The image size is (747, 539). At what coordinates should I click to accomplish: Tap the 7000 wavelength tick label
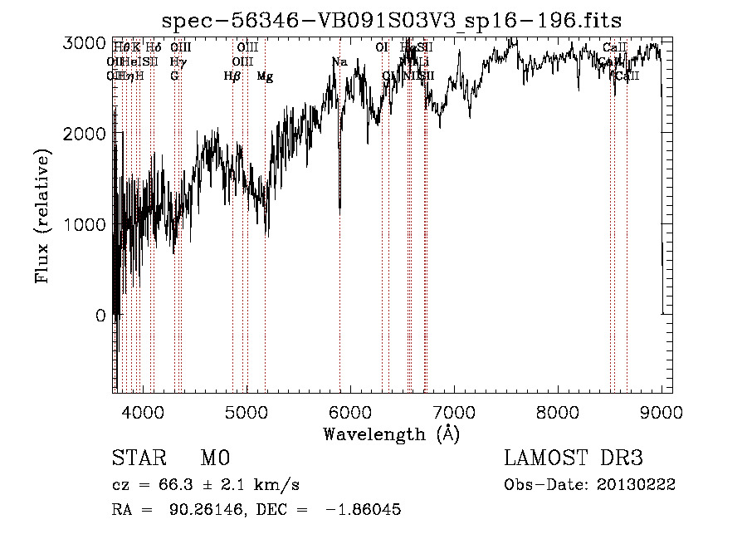(454, 412)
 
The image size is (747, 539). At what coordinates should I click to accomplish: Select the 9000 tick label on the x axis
(662, 412)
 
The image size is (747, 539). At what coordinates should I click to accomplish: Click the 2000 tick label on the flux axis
(90, 134)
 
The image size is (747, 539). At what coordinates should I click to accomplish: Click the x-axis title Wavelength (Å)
(391, 434)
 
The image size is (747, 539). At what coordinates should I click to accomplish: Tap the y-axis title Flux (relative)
(43, 217)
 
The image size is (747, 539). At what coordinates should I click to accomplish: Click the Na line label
(339, 61)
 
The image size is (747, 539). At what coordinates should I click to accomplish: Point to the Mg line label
(265, 76)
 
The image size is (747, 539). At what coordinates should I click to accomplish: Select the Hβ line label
(232, 76)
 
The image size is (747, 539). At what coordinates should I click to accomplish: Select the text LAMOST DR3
(573, 458)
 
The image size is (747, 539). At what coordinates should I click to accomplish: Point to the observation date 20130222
(635, 485)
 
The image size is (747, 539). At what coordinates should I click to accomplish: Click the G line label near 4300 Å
(174, 76)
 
